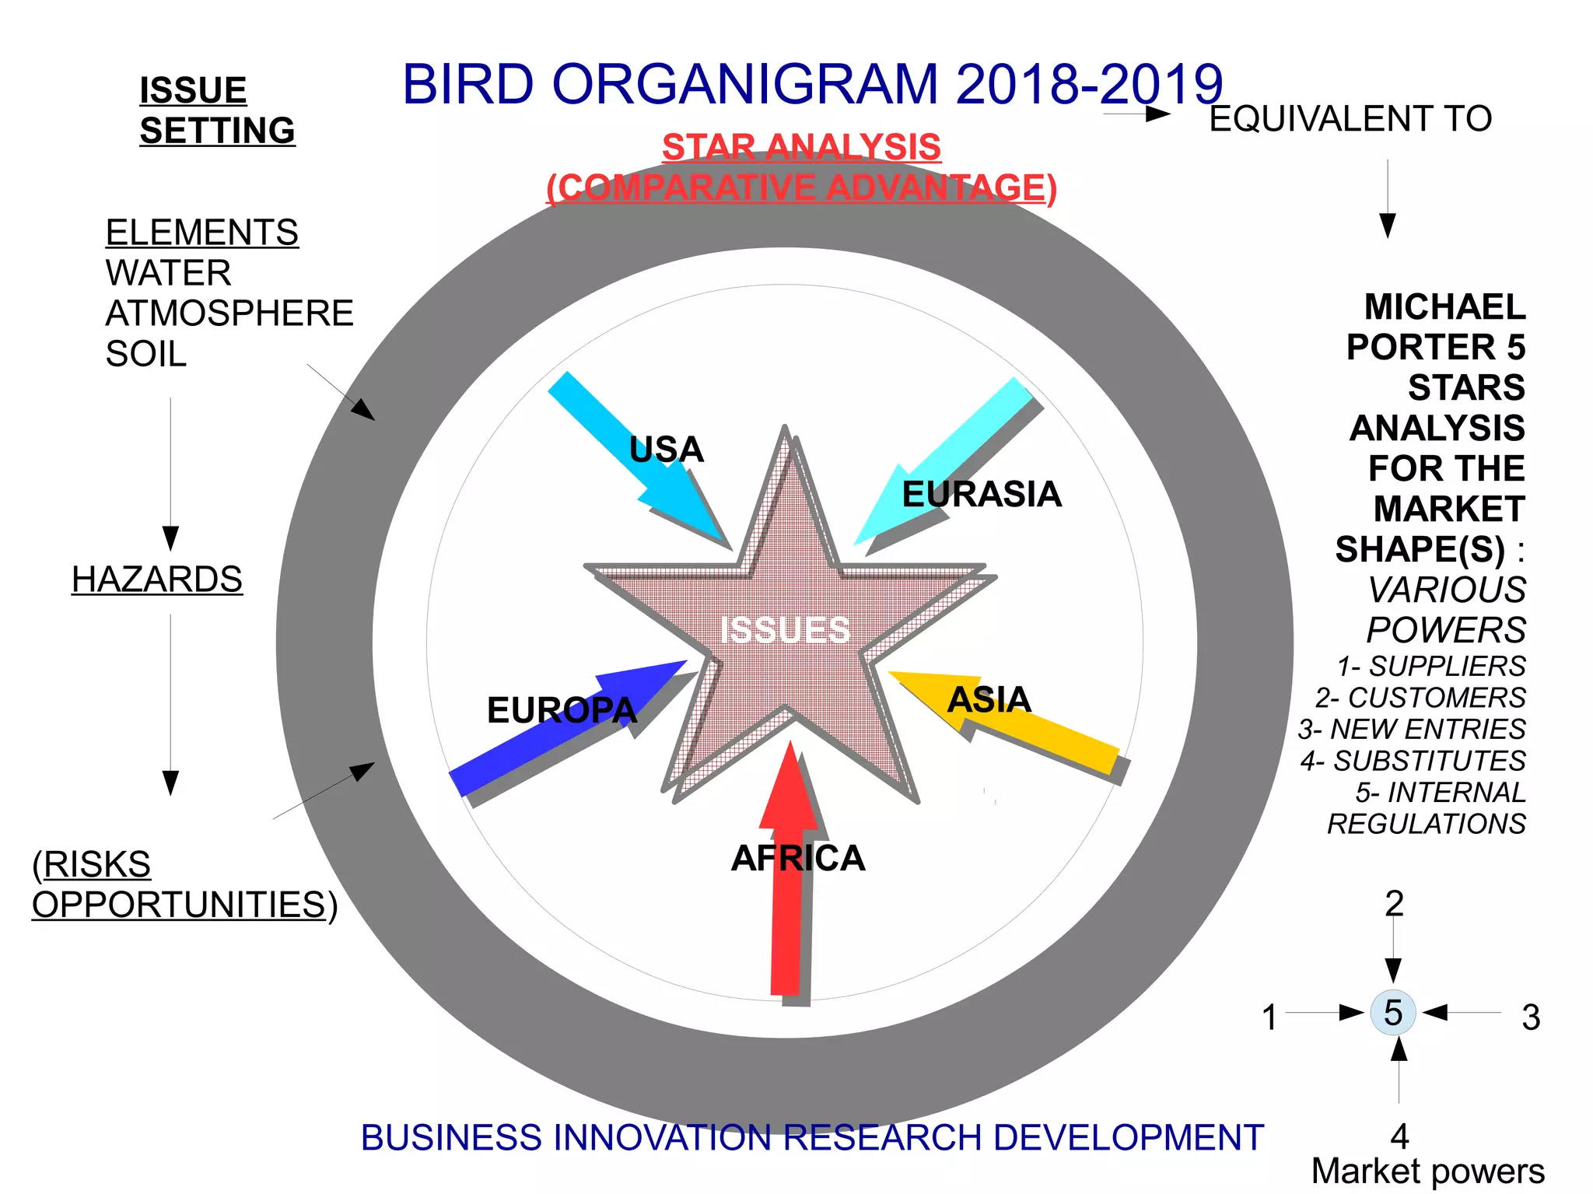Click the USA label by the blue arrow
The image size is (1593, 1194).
[666, 450]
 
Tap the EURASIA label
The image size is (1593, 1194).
[982, 495]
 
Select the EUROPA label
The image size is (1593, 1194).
[562, 710]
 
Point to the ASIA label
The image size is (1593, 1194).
[989, 699]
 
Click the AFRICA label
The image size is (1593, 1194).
[798, 859]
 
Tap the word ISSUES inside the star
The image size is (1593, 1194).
[785, 630]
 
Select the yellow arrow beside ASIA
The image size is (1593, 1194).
[1066, 739]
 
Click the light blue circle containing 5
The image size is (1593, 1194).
[1392, 1013]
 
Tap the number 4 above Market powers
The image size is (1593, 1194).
[1399, 1136]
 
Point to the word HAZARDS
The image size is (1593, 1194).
[157, 579]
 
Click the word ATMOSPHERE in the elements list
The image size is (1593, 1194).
[229, 313]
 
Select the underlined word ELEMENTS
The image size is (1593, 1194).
[201, 233]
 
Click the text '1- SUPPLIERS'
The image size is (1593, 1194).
[1431, 667]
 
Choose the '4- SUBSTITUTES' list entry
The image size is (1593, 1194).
[1413, 761]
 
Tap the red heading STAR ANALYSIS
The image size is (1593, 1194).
[801, 147]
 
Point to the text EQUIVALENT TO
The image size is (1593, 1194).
[1350, 119]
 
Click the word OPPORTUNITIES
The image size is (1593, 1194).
[179, 905]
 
